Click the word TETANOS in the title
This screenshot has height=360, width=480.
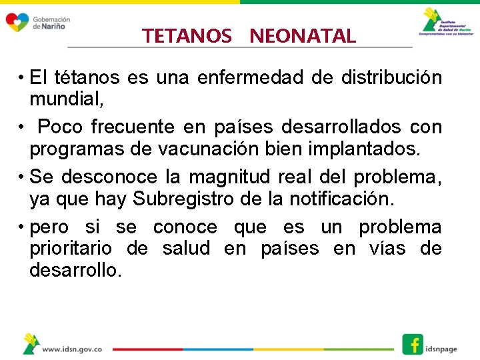pyautogui.click(x=186, y=36)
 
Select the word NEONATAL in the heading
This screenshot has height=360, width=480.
pyautogui.click(x=303, y=36)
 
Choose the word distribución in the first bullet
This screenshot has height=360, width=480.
pyautogui.click(x=391, y=78)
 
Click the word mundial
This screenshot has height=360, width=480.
pyautogui.click(x=66, y=99)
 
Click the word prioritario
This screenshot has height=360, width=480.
pyautogui.click(x=69, y=249)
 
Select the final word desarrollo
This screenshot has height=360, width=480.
pyautogui.click(x=75, y=270)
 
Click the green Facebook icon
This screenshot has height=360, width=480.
pyautogui.click(x=413, y=344)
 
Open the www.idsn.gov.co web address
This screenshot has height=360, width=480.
pyautogui.click(x=72, y=349)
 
